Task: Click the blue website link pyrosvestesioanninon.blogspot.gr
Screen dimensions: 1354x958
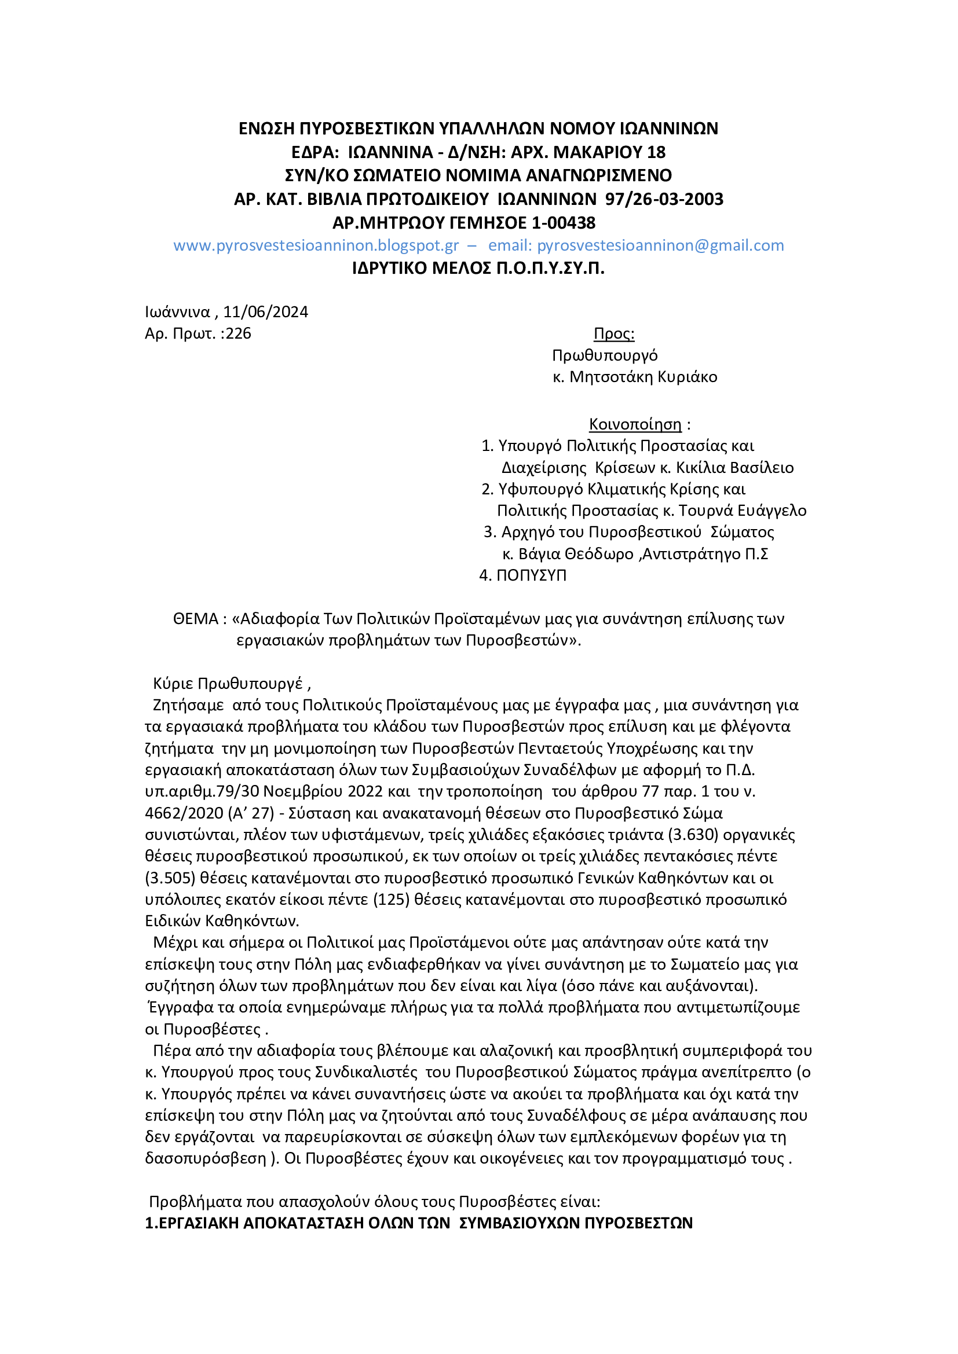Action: [x=316, y=245]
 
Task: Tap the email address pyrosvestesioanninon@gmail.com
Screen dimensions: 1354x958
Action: [x=660, y=245]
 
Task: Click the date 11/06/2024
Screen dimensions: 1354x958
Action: [x=265, y=312]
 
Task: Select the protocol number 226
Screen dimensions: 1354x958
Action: [x=238, y=334]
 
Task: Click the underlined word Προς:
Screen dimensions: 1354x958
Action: [x=613, y=334]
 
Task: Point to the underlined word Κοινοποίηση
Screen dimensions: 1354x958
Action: [x=635, y=424]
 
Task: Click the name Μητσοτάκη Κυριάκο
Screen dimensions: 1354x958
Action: [x=643, y=377]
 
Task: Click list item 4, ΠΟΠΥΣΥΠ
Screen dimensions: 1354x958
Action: [x=531, y=575]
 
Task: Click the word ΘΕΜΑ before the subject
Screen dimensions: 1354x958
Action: [x=196, y=619]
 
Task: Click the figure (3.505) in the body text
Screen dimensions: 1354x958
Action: [x=170, y=878]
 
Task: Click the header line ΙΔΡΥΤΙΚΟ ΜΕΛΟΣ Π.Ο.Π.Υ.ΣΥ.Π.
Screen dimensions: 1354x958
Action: [x=478, y=269]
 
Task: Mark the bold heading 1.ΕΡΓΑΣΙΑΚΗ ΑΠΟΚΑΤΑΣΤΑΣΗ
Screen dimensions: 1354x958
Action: [x=419, y=1223]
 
